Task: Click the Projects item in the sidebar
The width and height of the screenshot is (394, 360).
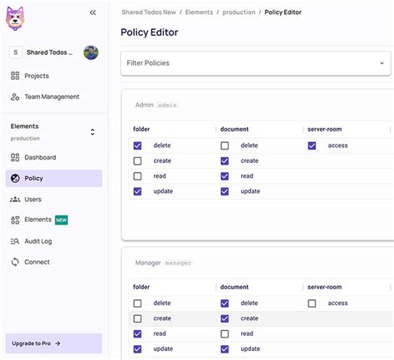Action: tap(36, 76)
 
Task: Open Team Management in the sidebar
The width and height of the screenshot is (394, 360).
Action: tap(52, 96)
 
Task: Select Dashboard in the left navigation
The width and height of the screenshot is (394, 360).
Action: tap(40, 157)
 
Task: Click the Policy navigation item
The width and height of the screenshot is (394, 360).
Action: tap(33, 178)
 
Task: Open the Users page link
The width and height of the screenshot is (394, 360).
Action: tap(32, 200)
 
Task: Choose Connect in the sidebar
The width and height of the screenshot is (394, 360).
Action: tap(37, 262)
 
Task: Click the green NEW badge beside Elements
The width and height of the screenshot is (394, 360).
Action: tap(62, 220)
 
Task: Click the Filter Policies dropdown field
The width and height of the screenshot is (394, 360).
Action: tap(256, 63)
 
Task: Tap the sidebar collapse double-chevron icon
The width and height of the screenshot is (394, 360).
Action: tap(92, 12)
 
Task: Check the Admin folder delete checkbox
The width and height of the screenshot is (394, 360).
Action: tap(137, 145)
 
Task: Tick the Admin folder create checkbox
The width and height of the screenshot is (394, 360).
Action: tap(137, 160)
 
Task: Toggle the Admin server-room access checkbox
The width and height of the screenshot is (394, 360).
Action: tap(312, 145)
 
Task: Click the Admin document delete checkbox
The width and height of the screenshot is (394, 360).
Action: tap(224, 145)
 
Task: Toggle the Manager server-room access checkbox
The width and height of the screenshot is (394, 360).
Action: tap(312, 303)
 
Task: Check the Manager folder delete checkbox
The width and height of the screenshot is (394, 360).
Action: tap(137, 303)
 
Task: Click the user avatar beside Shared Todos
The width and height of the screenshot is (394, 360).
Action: tap(91, 52)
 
